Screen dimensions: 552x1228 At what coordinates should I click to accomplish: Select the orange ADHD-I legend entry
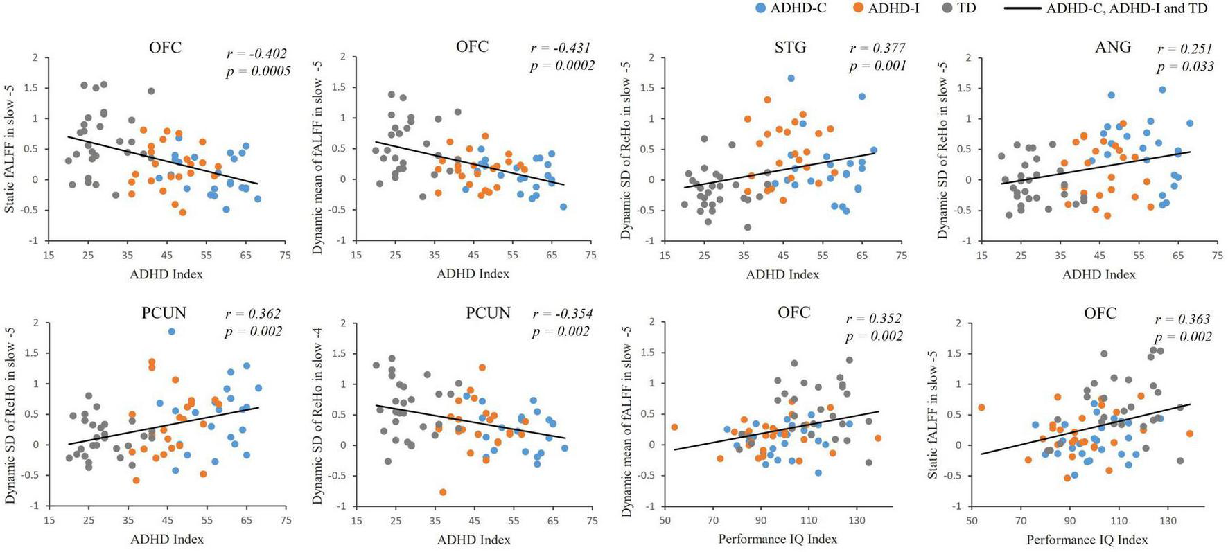pyautogui.click(x=886, y=8)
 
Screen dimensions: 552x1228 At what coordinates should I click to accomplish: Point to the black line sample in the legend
pyautogui.click(x=1021, y=8)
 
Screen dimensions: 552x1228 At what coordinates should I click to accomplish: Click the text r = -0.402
pyautogui.click(x=256, y=54)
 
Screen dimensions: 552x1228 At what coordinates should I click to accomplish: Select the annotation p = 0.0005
pyautogui.click(x=258, y=71)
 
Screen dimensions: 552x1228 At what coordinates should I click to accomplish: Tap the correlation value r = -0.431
pyautogui.click(x=560, y=48)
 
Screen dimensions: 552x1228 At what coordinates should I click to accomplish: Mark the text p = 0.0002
pyautogui.click(x=562, y=66)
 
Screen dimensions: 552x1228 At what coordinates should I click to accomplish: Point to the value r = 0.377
pyautogui.click(x=878, y=48)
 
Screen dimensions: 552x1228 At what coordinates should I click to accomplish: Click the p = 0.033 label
pyautogui.click(x=1185, y=66)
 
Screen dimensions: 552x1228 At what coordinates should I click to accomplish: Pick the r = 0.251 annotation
pyautogui.click(x=1185, y=49)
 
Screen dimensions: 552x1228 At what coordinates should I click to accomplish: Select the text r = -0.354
pyautogui.click(x=562, y=314)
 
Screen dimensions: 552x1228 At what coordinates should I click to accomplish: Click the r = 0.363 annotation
pyautogui.click(x=1182, y=319)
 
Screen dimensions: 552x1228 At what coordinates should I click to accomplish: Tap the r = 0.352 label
pyautogui.click(x=874, y=319)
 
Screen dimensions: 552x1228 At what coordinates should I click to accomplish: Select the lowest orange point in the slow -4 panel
pyautogui.click(x=443, y=492)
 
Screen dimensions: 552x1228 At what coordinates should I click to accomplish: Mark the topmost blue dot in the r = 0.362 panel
pyautogui.click(x=171, y=332)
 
